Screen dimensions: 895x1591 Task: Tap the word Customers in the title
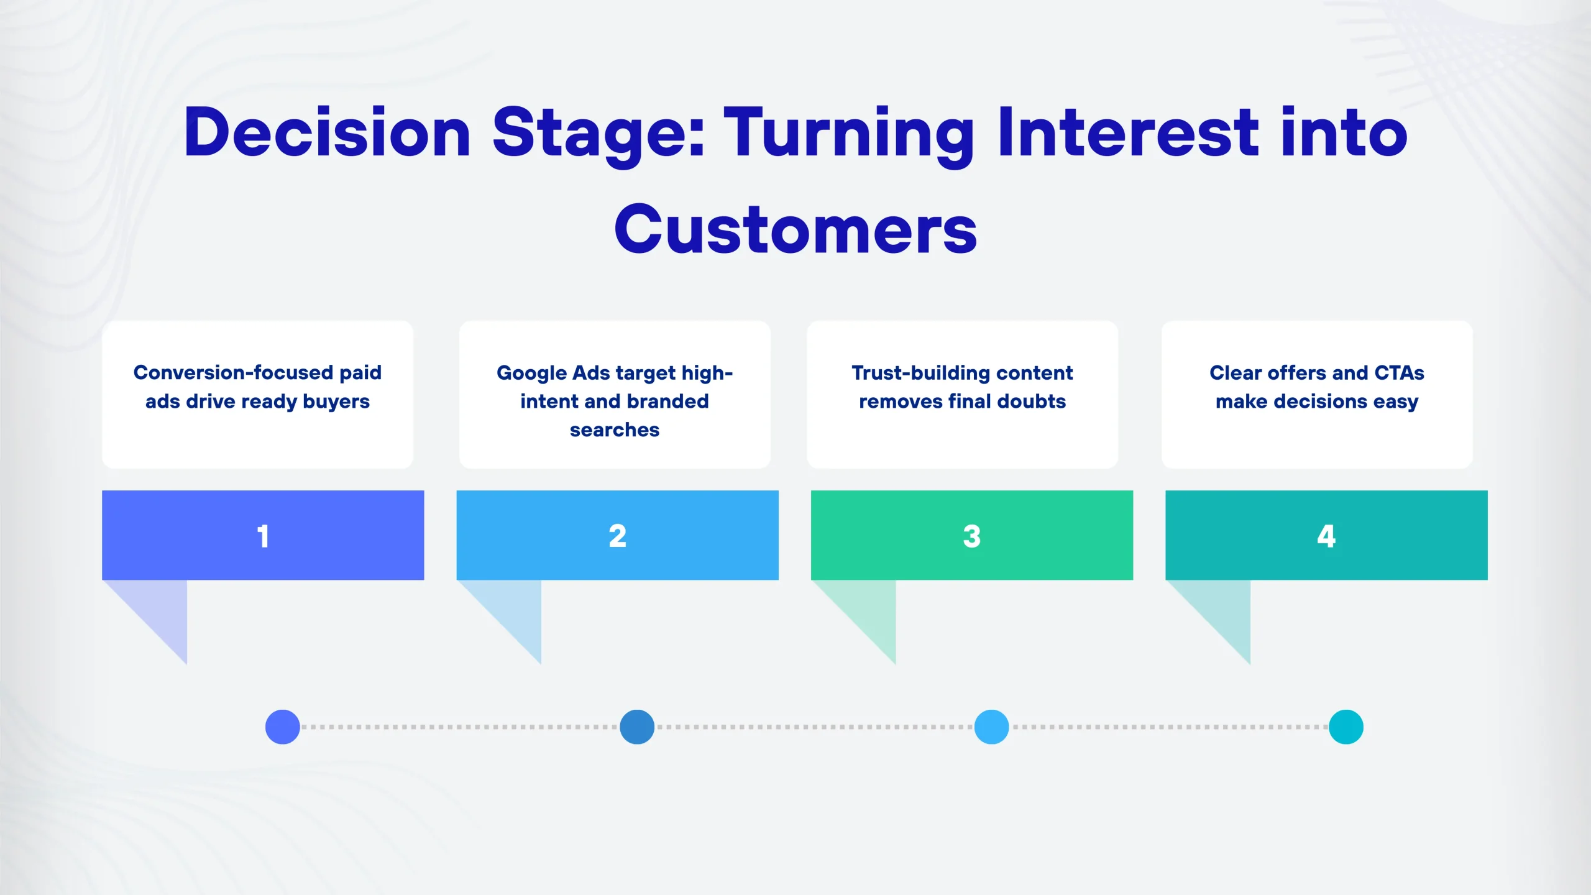tap(795, 230)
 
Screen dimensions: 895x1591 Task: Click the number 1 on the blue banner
tap(263, 536)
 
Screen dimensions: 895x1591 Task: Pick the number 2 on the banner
tap(617, 536)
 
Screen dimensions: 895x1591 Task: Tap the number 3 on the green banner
tap(971, 536)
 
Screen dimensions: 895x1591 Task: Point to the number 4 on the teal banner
tap(1326, 536)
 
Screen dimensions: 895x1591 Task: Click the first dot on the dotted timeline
tap(283, 727)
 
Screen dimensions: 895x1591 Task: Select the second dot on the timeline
tap(637, 727)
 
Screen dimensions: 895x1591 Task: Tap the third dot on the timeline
tap(991, 727)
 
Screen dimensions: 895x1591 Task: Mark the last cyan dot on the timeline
tap(1346, 727)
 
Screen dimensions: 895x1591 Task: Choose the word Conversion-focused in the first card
tap(234, 372)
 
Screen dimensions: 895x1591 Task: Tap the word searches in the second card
tap(615, 430)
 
